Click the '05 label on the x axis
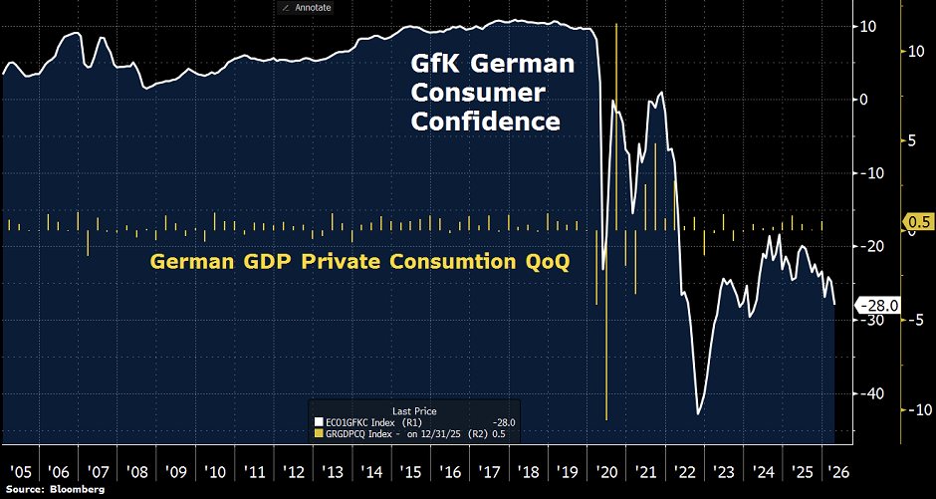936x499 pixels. [x=18, y=469]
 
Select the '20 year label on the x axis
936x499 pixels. [x=605, y=469]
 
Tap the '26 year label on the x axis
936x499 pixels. [x=840, y=469]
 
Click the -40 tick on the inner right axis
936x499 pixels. [x=872, y=393]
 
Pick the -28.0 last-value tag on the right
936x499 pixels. [x=881, y=306]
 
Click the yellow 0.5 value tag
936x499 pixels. [x=917, y=222]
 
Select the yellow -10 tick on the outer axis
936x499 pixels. [x=917, y=409]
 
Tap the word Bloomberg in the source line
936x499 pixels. [x=78, y=491]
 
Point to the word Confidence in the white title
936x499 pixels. [x=486, y=122]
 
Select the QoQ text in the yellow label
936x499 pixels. [x=547, y=262]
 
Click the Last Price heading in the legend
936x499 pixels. [x=414, y=410]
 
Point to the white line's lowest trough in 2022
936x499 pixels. [x=699, y=412]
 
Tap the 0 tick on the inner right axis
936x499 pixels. [x=864, y=100]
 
